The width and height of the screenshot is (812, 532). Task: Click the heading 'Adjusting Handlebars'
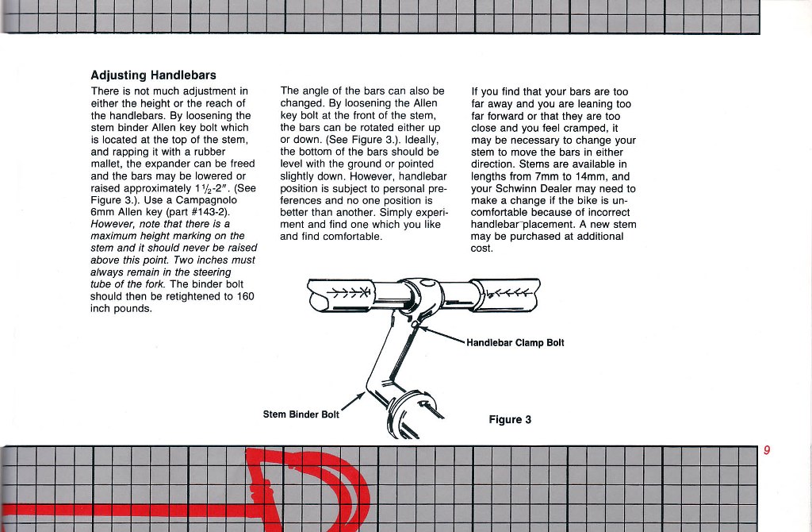pyautogui.click(x=154, y=75)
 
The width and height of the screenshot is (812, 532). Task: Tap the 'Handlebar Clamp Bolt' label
pyautogui.click(x=515, y=343)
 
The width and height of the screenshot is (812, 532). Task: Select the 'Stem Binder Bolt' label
pyautogui.click(x=301, y=414)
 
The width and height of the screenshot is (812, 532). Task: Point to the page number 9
pyautogui.click(x=767, y=450)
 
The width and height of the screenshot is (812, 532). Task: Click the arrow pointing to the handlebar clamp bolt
pyautogui.click(x=441, y=334)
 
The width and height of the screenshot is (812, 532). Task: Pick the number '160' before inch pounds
pyautogui.click(x=244, y=296)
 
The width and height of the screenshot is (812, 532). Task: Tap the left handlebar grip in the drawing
pyautogui.click(x=338, y=293)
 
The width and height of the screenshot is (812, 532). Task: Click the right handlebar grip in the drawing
pyautogui.click(x=507, y=293)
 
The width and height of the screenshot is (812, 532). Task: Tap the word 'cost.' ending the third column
pyautogui.click(x=482, y=249)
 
